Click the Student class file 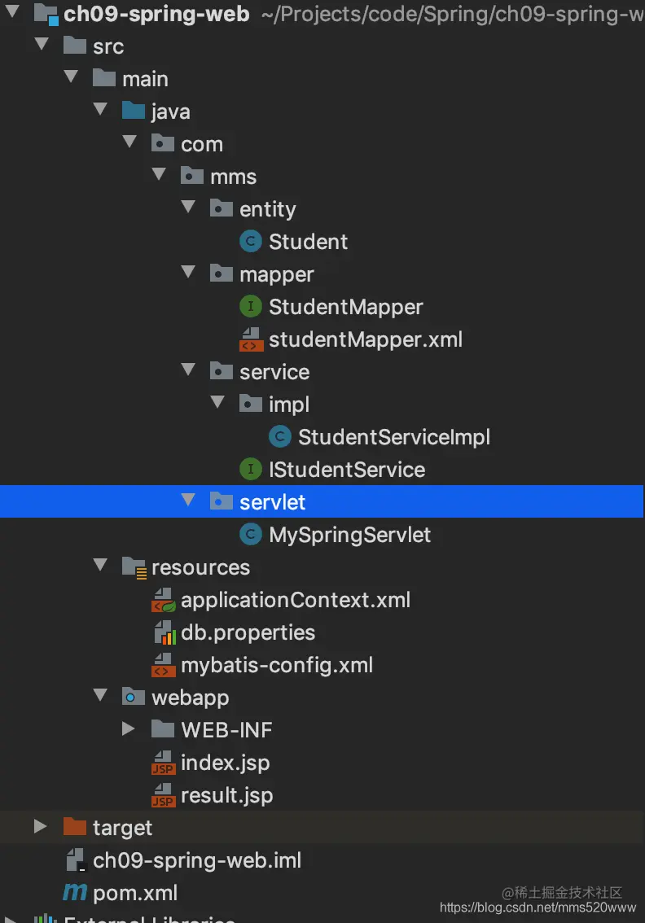click(x=308, y=242)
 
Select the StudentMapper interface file click(x=345, y=307)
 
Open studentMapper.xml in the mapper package click(x=365, y=339)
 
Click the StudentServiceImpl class click(x=393, y=437)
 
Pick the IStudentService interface click(x=346, y=470)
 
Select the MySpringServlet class click(x=349, y=535)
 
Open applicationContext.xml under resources click(x=295, y=600)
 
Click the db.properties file click(x=248, y=632)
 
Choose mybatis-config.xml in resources click(x=276, y=665)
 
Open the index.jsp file click(x=225, y=763)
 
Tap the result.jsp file click(x=226, y=795)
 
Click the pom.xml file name click(x=135, y=893)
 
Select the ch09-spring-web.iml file click(x=197, y=860)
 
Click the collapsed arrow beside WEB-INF click(x=129, y=729)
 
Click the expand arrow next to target click(x=41, y=827)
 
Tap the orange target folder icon click(x=75, y=828)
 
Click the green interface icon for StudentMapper click(x=250, y=307)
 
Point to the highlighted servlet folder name click(x=272, y=502)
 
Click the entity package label click(x=267, y=209)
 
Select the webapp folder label click(x=190, y=698)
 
